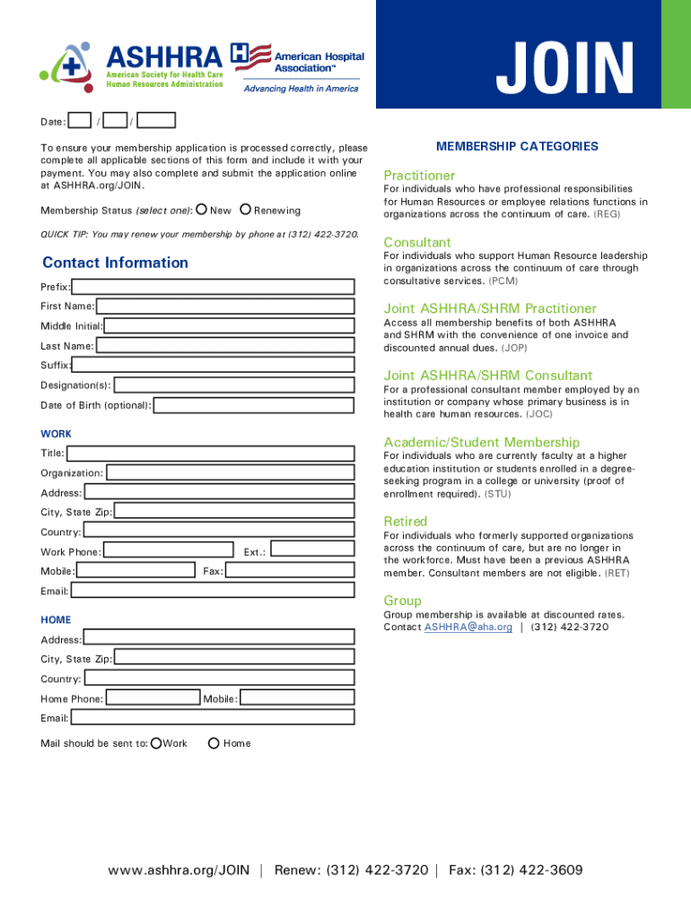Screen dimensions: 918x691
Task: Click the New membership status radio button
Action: [202, 210]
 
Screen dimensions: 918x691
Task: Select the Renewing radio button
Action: [246, 210]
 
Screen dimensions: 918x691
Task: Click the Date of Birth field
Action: [254, 405]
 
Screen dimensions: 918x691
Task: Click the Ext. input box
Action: [312, 550]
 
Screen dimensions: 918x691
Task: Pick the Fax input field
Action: [290, 570]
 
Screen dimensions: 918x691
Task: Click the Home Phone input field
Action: [152, 698]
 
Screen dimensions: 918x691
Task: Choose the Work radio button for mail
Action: [157, 743]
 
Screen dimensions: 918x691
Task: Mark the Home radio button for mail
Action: [214, 743]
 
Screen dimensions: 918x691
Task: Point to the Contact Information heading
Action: [115, 263]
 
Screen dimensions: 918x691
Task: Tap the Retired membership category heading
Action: [405, 522]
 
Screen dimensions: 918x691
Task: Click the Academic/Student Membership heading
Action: [481, 443]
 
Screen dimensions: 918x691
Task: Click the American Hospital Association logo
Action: [297, 67]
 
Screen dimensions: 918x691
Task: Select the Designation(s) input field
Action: [233, 385]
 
